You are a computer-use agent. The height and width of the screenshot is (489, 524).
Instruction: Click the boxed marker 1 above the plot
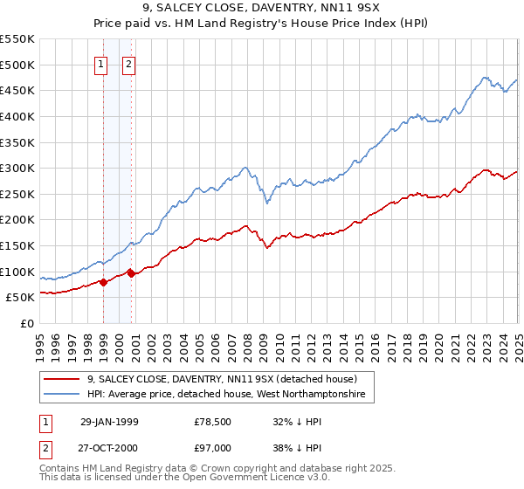click(100, 64)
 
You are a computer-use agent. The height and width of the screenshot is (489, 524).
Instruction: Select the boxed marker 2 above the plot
click(128, 64)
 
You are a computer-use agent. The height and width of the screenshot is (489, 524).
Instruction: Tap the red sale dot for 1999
click(104, 282)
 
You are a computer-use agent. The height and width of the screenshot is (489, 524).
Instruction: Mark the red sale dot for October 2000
click(132, 272)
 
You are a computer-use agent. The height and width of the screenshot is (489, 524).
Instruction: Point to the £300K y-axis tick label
click(17, 168)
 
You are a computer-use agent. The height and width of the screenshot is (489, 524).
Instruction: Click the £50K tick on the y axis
click(21, 298)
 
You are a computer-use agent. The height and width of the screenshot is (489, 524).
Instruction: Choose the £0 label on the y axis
click(28, 324)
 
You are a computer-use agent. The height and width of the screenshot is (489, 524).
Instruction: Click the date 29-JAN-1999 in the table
click(109, 422)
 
